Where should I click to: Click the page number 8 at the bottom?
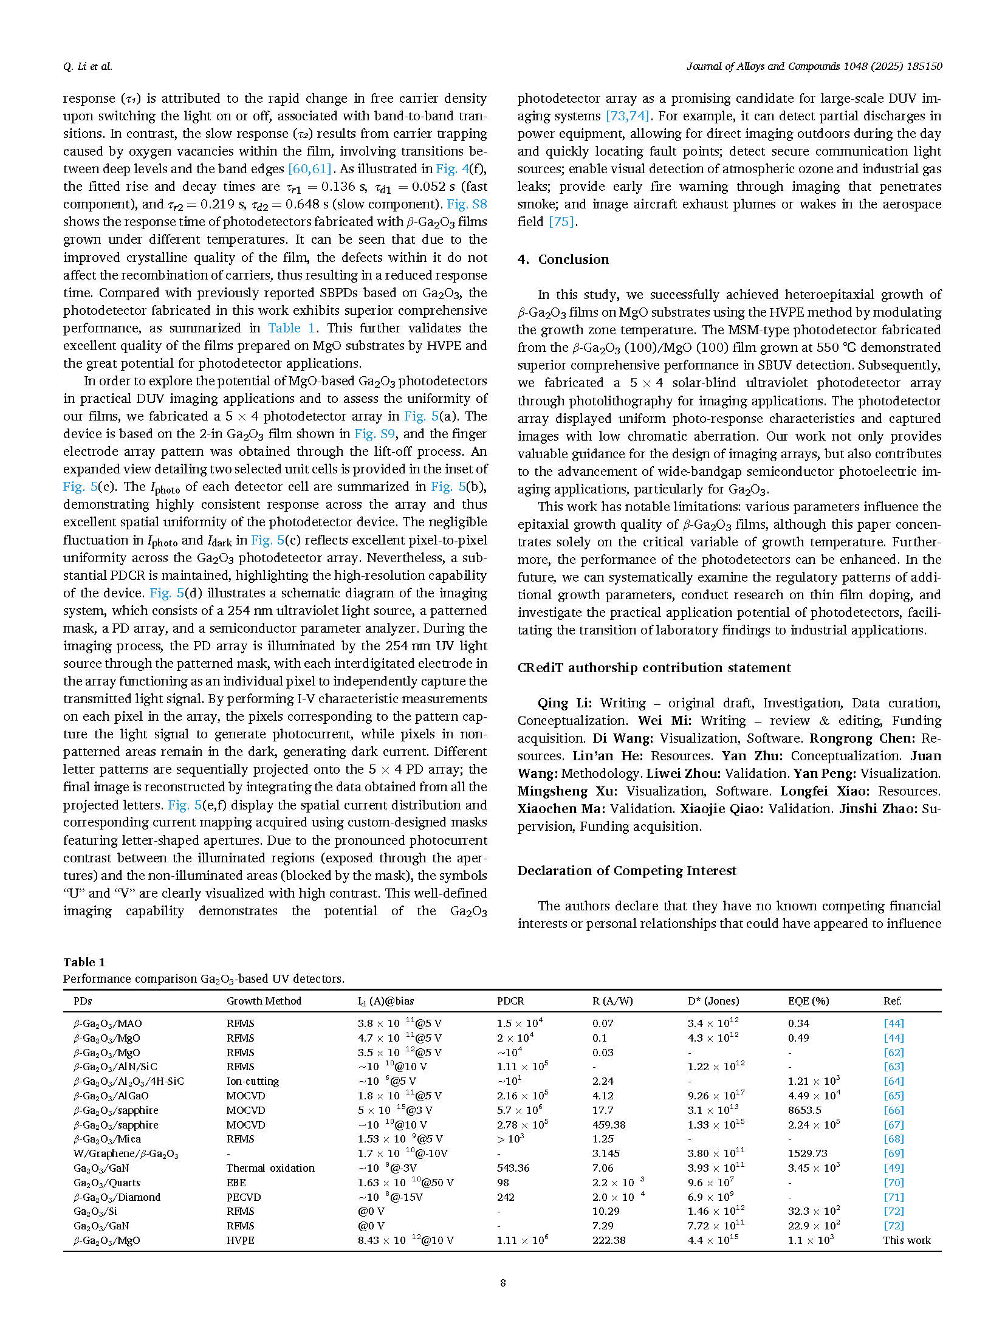tap(502, 1282)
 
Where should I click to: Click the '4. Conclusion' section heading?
tap(563, 259)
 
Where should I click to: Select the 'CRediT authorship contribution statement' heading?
tap(654, 668)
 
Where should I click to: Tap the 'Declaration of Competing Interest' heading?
tap(626, 871)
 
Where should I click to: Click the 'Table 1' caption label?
tap(84, 962)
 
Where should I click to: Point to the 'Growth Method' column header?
tap(264, 1001)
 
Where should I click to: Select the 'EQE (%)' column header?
tap(808, 1001)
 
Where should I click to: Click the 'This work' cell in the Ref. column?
tap(907, 1240)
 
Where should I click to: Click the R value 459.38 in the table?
tap(609, 1125)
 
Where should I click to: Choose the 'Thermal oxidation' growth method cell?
tap(270, 1168)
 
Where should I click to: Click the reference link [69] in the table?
tap(893, 1153)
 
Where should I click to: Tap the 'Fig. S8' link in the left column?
tap(467, 204)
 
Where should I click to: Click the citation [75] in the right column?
tap(561, 222)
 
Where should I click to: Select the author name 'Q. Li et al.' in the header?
tap(87, 66)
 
